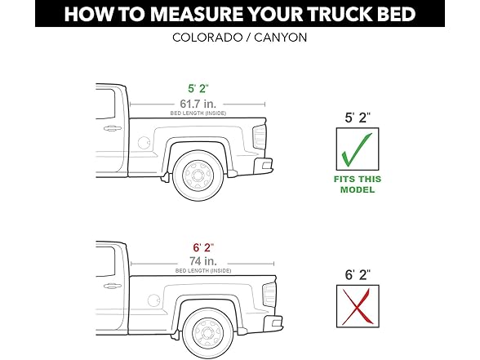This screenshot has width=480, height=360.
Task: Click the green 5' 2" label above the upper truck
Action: point(197,88)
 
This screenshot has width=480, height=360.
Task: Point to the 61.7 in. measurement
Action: point(197,103)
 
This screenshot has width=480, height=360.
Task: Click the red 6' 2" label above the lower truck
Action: point(197,247)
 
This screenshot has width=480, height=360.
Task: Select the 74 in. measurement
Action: point(197,260)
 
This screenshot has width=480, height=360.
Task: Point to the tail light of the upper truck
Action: point(260,137)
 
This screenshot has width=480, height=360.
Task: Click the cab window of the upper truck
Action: point(104,104)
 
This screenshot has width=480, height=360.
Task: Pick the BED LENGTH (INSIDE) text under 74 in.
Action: point(197,271)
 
